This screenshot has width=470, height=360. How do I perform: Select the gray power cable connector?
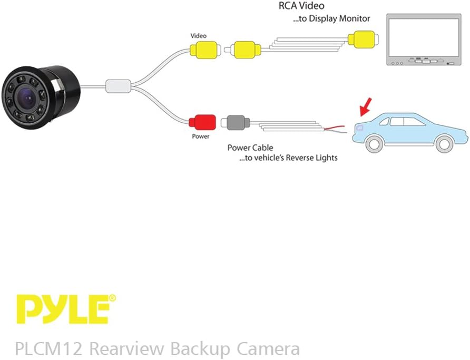tap(236, 123)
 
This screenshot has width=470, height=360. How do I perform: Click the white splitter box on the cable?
tap(118, 86)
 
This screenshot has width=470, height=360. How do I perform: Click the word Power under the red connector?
tap(200, 137)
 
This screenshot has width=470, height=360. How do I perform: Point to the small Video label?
tap(198, 36)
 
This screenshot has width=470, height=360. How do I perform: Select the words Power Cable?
tap(250, 148)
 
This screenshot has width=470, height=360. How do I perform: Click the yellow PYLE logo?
tap(62, 309)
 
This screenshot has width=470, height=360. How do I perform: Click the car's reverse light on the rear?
tap(359, 127)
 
